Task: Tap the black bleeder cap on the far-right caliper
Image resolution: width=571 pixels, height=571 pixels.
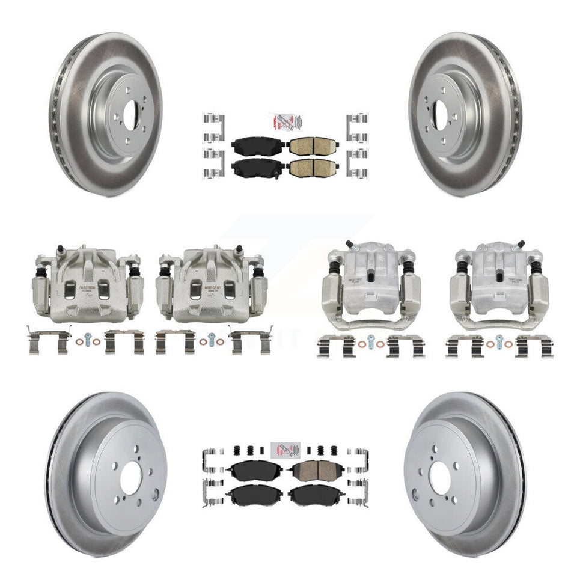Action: click(x=521, y=245)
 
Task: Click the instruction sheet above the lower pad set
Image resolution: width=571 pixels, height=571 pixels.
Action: click(x=286, y=451)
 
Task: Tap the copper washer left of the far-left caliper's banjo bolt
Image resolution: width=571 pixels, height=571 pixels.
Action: click(x=78, y=342)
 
